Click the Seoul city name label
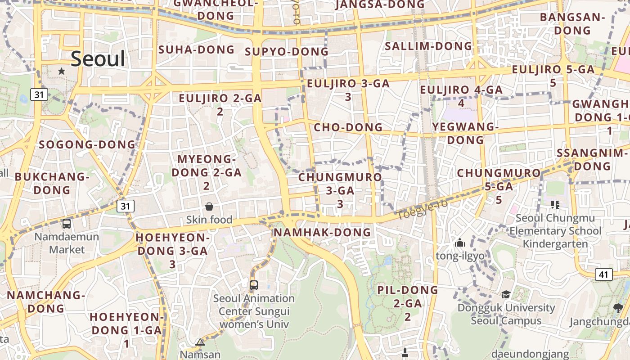pos(98,59)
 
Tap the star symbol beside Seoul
pos(62,71)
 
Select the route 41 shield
pos(603,274)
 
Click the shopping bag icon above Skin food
pos(209,207)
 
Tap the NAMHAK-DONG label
pos(322,232)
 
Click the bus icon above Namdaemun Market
pos(67,223)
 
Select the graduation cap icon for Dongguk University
pos(506,295)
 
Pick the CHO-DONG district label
pos(348,127)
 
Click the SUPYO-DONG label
pos(287,52)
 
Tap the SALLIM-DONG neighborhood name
pos(428,46)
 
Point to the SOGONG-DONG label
pos(87,144)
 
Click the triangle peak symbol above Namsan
pos(200,342)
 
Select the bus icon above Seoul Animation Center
pos(254,285)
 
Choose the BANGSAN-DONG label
pos(572,24)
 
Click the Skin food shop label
pos(209,220)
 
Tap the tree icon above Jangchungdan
pos(618,308)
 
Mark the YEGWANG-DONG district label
pos(465,133)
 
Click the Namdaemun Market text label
pos(67,243)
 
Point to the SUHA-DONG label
pos(197,49)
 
